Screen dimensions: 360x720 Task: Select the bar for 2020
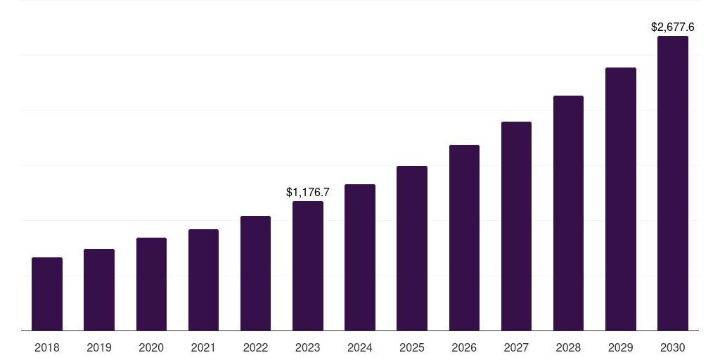(151, 284)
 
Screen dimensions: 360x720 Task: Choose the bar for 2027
(516, 226)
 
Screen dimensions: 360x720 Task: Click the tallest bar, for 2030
(673, 183)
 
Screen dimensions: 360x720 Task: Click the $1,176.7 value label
(308, 192)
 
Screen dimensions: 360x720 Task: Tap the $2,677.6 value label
(673, 27)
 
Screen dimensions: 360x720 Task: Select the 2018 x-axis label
(47, 347)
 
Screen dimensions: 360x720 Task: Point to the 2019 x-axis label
(99, 347)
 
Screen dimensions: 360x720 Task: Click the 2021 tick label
(203, 347)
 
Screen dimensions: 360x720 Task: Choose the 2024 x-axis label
(360, 347)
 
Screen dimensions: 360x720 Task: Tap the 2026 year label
(464, 347)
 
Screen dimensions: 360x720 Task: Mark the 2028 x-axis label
(568, 347)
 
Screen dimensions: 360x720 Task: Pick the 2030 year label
(673, 347)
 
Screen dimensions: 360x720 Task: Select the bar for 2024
(360, 257)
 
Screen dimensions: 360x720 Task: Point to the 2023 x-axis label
(308, 347)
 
